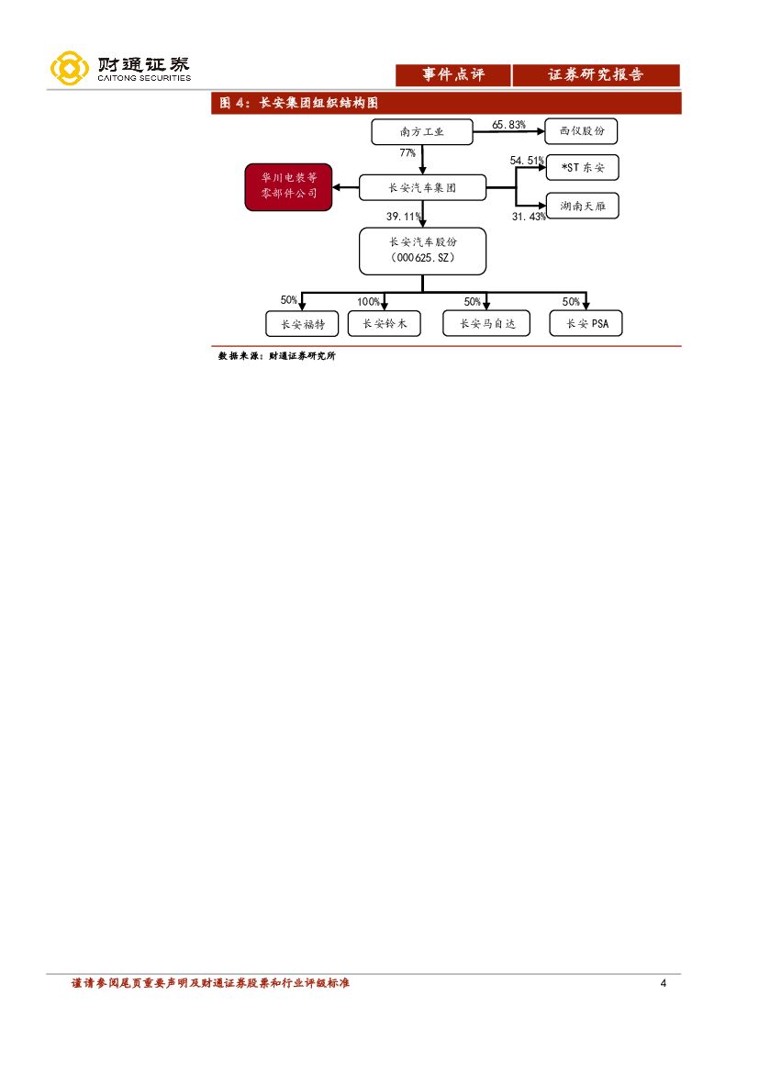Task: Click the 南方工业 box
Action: (x=421, y=132)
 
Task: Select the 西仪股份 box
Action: (x=581, y=132)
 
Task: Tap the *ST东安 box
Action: (x=581, y=168)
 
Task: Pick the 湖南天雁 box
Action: (x=581, y=207)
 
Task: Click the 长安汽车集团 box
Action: (x=421, y=188)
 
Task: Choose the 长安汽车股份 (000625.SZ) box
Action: (x=422, y=251)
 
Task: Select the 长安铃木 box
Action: (x=384, y=324)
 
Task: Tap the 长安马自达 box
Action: (x=486, y=324)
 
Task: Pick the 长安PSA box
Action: (x=586, y=324)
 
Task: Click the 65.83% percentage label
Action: (x=508, y=124)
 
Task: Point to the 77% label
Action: (x=407, y=152)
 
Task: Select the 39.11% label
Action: (x=404, y=217)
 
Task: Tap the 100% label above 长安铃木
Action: (x=369, y=302)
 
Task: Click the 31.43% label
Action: (x=529, y=217)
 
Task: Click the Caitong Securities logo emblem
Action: (x=70, y=69)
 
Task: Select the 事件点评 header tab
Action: (x=452, y=75)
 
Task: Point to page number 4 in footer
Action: (x=663, y=984)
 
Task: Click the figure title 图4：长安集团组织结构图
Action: (x=299, y=104)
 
